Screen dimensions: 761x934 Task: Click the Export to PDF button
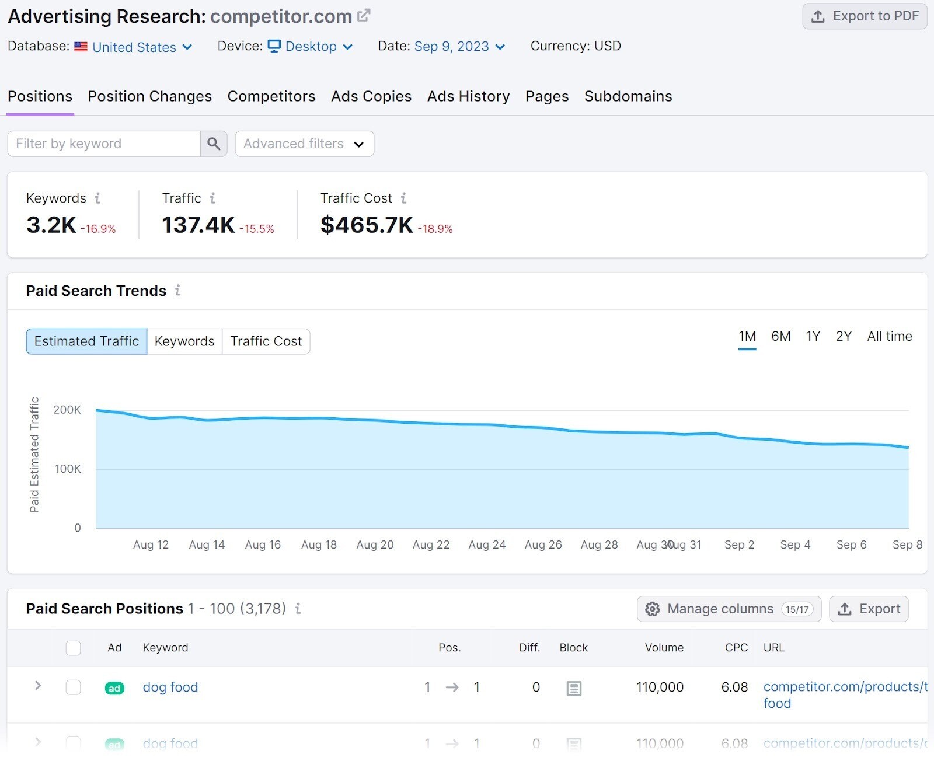pos(864,16)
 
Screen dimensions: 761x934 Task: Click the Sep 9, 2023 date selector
pos(459,47)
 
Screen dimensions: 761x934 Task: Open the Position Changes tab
pos(149,96)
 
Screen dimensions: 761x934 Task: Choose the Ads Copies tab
pos(371,96)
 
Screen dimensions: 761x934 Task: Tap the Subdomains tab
pos(628,96)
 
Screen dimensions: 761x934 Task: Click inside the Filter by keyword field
pos(104,144)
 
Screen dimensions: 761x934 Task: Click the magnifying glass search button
pos(214,144)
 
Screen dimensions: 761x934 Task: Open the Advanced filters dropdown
pos(304,144)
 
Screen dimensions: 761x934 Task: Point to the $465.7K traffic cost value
pos(367,225)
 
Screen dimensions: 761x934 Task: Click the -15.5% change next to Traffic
pos(257,229)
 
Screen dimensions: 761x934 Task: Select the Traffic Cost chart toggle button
pos(266,341)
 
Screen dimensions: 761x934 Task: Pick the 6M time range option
pos(780,336)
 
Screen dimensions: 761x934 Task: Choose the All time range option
pos(889,336)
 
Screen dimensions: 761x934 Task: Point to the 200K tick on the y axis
pos(67,410)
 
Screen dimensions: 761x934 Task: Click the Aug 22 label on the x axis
pos(431,544)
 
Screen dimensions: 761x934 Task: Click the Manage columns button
pos(729,609)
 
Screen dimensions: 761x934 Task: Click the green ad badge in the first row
pos(114,688)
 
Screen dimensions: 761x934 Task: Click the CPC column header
pos(736,648)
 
